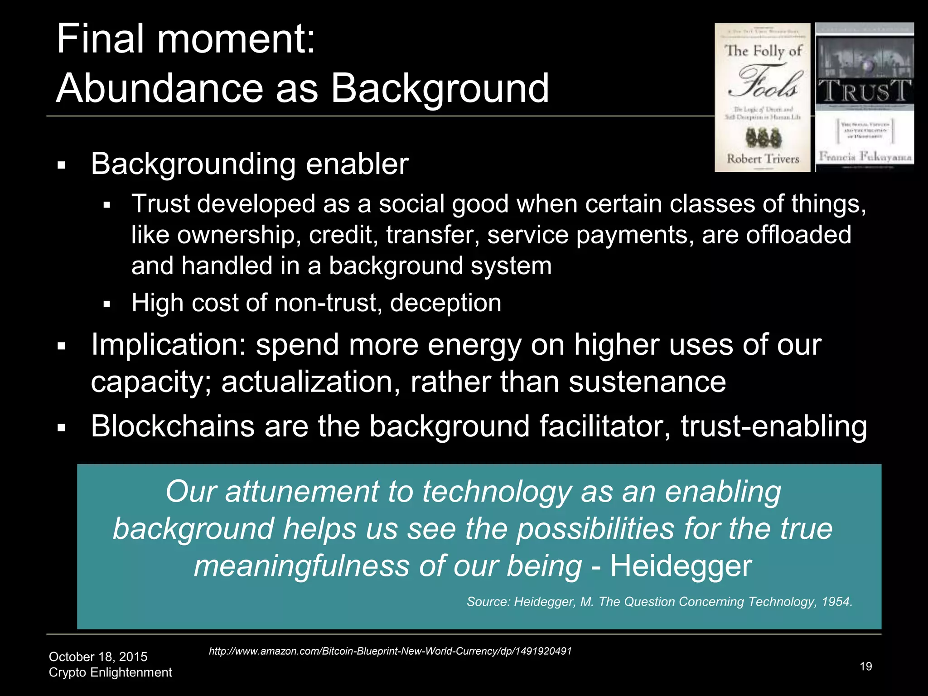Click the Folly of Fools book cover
[762, 97]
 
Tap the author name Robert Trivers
[763, 159]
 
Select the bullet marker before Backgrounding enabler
[62, 165]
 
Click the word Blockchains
[173, 426]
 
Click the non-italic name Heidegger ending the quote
[681, 566]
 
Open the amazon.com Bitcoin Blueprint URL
[390, 651]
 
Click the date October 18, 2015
[98, 657]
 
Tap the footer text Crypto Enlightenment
[110, 672]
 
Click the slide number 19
[865, 667]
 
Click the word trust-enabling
[774, 426]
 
